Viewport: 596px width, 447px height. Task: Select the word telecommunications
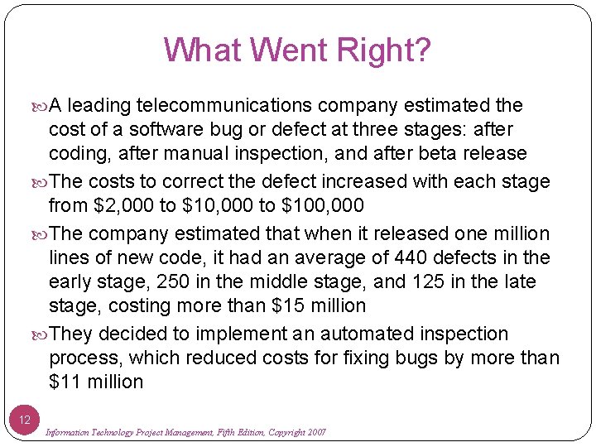(x=223, y=105)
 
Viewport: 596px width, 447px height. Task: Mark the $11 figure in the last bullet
(x=63, y=382)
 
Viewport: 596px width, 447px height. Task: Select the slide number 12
(x=24, y=421)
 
